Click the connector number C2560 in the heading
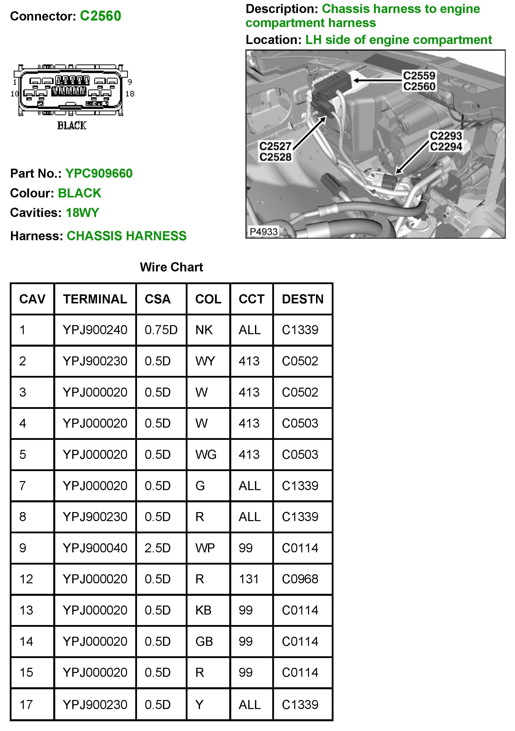pos(100,16)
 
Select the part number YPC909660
pos(99,173)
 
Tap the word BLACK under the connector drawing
pos(72,126)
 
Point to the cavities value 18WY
pos(82,213)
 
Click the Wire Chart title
pos(171,267)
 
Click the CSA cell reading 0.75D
pos(161,330)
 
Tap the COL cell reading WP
pos(205,548)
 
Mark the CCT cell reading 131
pos(249,579)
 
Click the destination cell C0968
pos(300,579)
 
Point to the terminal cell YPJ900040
pos(95,548)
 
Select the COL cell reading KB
pos(203,610)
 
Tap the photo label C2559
pos(419,76)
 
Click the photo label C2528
pos(275,157)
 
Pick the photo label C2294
pos(446,146)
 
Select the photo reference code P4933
pos(263,231)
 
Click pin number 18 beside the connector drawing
pos(130,94)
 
